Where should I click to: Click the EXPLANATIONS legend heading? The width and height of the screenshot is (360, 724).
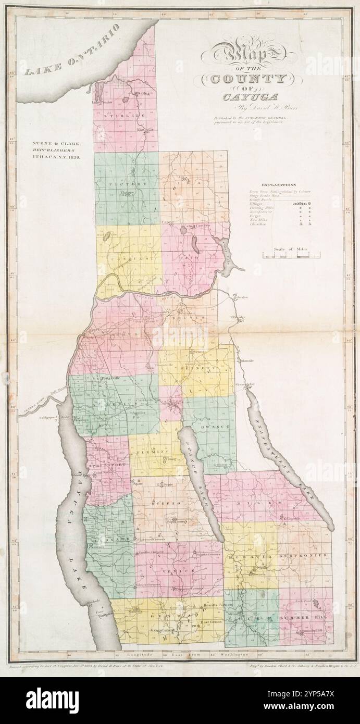[x=279, y=184]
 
